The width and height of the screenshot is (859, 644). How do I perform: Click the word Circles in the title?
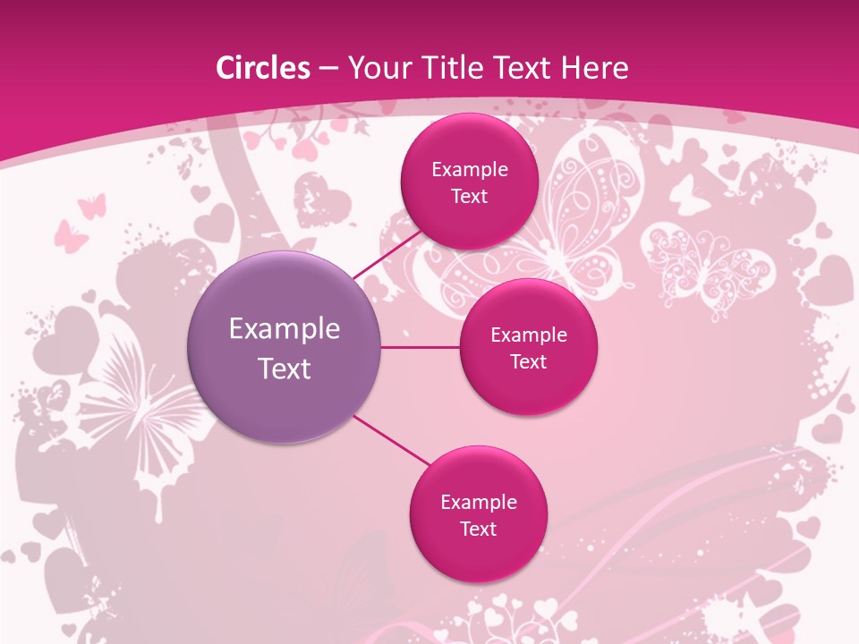click(263, 68)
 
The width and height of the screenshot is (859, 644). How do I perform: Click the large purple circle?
click(285, 347)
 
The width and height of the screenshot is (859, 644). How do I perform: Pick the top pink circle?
click(469, 182)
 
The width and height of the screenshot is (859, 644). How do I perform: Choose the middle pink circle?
click(529, 347)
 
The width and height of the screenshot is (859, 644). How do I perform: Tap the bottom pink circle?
click(479, 514)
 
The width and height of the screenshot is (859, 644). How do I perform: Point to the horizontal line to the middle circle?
click(421, 347)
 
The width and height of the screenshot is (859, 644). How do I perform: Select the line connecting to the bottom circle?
click(389, 441)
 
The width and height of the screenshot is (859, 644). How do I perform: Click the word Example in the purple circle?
click(285, 329)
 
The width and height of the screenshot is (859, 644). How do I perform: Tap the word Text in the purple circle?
click(285, 368)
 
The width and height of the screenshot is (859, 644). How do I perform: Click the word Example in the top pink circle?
click(470, 170)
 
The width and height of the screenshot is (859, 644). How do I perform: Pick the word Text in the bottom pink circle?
click(479, 529)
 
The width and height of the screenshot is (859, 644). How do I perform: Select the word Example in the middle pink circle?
click(529, 335)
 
